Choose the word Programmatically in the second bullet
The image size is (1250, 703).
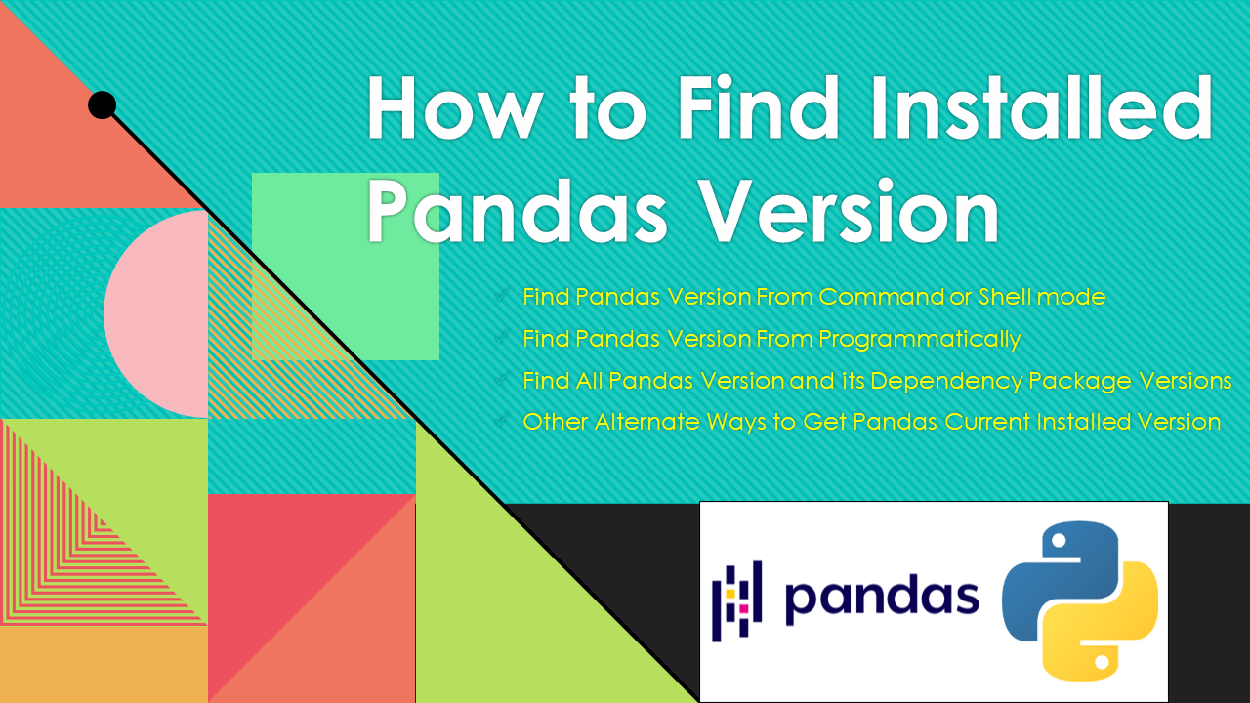[x=919, y=339]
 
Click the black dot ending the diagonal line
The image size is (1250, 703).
[x=102, y=105]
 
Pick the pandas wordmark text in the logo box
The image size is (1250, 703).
[x=882, y=598]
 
